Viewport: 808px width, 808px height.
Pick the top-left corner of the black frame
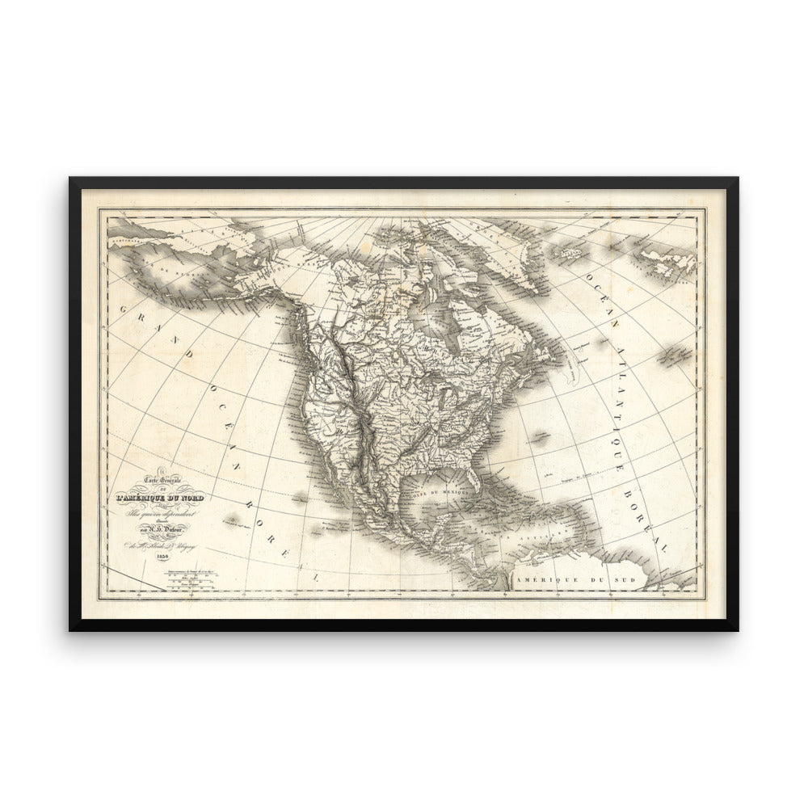point(71,179)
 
